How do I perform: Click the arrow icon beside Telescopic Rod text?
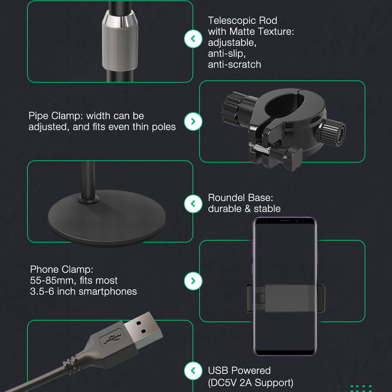click(193, 39)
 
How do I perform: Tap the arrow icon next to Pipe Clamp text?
click(193, 122)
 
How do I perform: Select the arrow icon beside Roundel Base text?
click(193, 204)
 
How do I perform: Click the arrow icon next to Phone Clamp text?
click(193, 281)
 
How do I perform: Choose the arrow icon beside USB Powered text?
click(193, 370)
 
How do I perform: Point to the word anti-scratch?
click(234, 65)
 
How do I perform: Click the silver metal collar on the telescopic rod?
click(120, 41)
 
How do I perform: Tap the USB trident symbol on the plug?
click(112, 338)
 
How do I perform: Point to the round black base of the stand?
click(107, 218)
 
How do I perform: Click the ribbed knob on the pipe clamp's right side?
click(332, 133)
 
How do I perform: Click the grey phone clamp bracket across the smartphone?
click(285, 298)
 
